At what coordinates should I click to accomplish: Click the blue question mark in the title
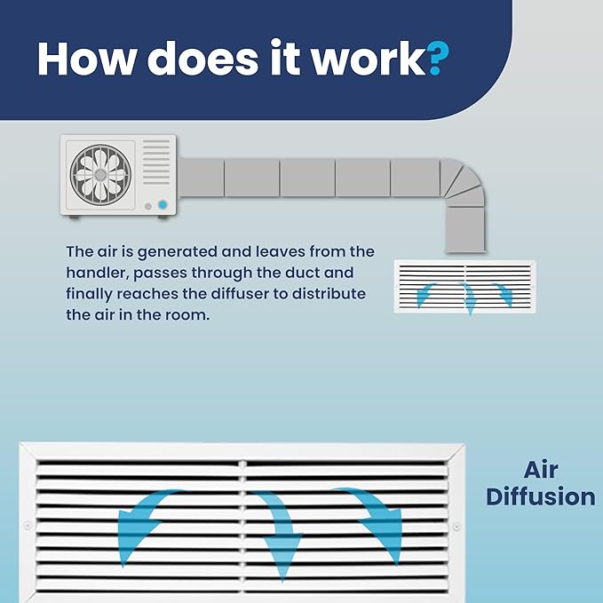pos(438,58)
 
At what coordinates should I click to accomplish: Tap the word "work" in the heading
pos(368,57)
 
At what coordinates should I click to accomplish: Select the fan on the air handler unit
pos(100,175)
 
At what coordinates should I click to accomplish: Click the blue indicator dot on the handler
pos(163,205)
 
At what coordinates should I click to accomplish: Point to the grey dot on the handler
pos(148,207)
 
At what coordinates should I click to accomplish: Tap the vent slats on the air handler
pos(156,162)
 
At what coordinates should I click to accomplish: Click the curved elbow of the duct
pos(463,181)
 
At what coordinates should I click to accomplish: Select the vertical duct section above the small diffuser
pos(465,230)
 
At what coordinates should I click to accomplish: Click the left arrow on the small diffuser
pos(424,293)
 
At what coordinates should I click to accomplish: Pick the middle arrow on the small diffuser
pos(468,298)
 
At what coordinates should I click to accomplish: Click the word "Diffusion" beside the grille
pos(541,496)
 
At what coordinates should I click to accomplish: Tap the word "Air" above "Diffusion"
pos(541,470)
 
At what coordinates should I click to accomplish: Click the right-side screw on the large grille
pos(456,527)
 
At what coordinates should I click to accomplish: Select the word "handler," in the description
pos(97,273)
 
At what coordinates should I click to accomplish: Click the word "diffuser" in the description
pos(240,294)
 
